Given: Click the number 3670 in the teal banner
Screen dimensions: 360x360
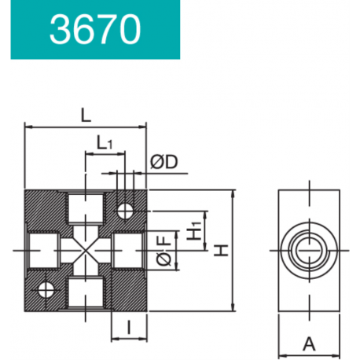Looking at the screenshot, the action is tap(95, 29).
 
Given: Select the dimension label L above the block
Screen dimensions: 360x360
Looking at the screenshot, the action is tap(86, 116).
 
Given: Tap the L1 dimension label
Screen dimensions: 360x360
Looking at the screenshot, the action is tap(105, 142).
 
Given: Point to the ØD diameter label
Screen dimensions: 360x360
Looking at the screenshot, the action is tap(164, 162).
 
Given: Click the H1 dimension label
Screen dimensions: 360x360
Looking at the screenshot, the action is tap(194, 230).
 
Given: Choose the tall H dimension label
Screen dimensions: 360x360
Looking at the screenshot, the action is tap(221, 250).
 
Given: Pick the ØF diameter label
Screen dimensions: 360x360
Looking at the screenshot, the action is tap(164, 250).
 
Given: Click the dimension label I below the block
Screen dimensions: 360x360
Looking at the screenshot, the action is tap(129, 327).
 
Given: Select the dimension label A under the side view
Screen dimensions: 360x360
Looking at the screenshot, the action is tap(309, 344).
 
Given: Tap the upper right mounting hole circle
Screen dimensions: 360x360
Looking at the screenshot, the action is tap(125, 211).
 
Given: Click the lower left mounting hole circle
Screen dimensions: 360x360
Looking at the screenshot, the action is tap(46, 290).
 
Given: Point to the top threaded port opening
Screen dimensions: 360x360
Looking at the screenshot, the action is tap(86, 208).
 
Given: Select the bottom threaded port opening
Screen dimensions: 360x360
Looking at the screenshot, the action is tap(86, 292).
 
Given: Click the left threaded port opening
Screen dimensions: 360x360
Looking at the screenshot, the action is tap(43, 251).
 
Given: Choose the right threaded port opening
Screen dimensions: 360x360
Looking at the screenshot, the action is tap(128, 251).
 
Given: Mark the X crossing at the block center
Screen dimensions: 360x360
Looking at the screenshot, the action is tap(86, 251).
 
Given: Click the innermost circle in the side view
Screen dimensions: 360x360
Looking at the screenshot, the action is tap(310, 251).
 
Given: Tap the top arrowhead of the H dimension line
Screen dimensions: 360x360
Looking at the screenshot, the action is tap(233, 193).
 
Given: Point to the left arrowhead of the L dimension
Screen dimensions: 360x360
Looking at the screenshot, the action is tap(28, 127).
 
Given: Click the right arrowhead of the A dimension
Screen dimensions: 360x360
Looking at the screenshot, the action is tap(336, 356).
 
